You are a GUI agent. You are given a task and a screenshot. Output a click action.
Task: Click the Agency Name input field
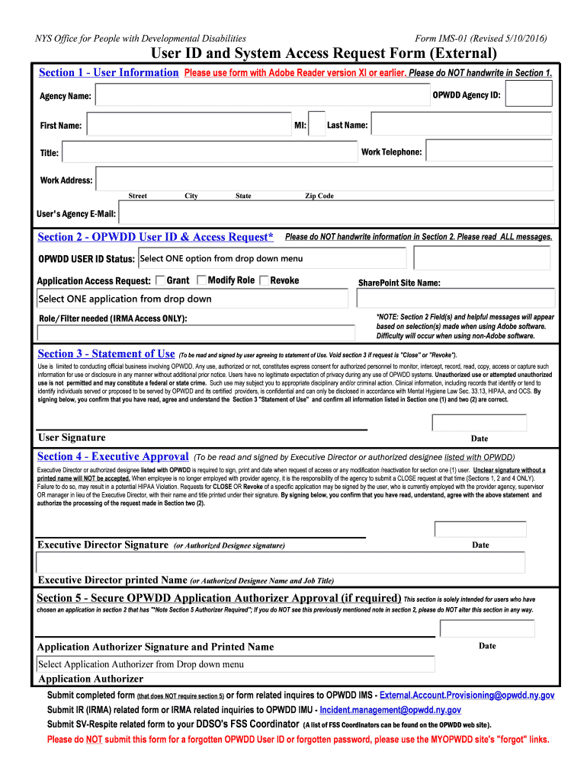259,96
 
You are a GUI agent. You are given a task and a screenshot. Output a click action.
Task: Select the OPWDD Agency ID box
528,94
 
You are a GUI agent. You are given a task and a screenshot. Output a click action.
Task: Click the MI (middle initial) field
316,125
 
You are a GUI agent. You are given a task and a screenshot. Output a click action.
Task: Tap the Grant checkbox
160,280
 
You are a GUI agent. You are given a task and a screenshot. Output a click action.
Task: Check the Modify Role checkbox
201,280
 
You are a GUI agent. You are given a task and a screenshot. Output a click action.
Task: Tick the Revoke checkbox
264,280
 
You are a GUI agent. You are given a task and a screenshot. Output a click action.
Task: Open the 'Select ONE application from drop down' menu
195,299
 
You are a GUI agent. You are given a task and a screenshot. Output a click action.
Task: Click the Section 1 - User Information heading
108,72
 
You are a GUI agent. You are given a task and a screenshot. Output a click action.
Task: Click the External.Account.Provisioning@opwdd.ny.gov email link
467,695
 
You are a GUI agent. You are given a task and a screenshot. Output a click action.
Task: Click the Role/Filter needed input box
196,333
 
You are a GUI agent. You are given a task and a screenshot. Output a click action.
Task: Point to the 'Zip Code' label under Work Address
319,196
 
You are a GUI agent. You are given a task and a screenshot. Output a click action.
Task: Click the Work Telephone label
391,152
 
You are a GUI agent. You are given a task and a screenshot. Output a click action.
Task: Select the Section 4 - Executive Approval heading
112,456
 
